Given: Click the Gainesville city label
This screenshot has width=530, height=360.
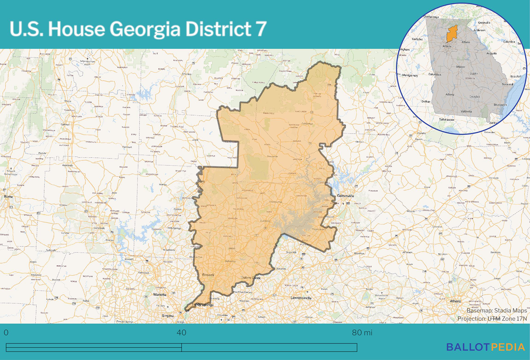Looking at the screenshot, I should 345,196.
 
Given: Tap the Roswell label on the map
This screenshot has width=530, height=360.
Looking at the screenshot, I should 208,275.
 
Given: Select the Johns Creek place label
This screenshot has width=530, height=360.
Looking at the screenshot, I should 251,278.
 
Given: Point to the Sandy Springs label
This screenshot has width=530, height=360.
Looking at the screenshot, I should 202,304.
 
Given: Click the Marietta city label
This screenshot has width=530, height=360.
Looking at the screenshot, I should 160,295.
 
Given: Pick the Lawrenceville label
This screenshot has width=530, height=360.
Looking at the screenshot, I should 301,298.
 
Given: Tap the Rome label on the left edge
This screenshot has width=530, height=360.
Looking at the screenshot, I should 8,197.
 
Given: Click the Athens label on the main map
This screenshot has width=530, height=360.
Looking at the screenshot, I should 455,301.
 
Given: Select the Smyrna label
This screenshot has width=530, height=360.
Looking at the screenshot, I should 168,316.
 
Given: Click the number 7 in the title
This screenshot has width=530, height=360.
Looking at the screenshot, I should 261,29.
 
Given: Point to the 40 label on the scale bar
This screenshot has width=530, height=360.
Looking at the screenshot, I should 181,332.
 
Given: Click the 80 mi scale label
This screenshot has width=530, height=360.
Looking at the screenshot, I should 362,332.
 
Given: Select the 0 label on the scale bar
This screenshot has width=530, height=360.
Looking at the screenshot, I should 6,332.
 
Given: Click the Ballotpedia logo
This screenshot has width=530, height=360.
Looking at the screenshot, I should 485,347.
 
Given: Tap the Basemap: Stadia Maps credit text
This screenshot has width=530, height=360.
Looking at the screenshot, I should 496,310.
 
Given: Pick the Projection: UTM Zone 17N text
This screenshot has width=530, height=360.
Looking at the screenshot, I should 492,319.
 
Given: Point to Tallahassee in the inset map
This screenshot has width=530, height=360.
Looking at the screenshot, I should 447,120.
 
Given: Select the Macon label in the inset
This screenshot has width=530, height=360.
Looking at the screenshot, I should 460,66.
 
